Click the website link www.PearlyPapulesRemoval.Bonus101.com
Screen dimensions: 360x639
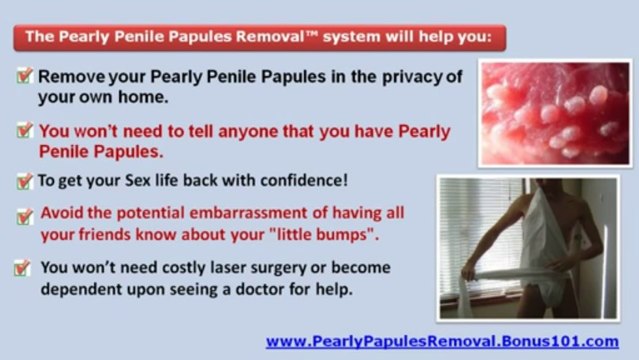[442, 340]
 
